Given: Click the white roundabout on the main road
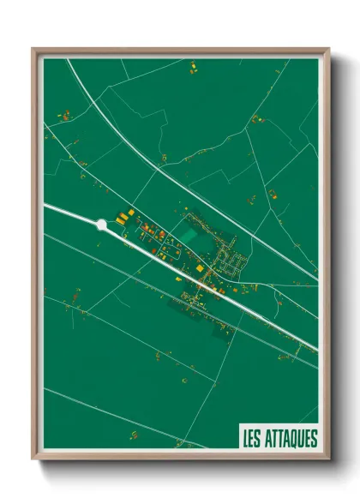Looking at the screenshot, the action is pos(102,225).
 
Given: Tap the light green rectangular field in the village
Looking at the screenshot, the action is pos(187,234).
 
